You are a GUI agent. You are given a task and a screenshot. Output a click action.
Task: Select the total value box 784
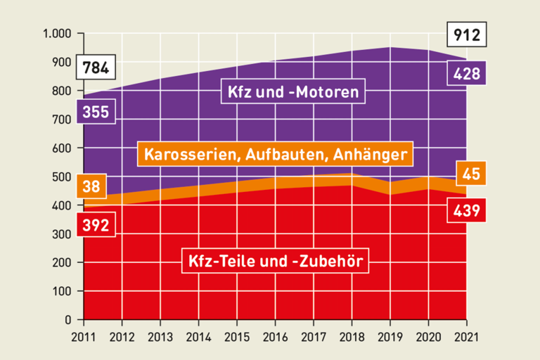(x=96, y=68)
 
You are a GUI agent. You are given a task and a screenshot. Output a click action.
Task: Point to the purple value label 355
(x=96, y=112)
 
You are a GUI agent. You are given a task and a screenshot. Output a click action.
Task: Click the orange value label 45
(x=468, y=173)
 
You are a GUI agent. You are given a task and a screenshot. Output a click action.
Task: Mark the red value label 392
(x=96, y=226)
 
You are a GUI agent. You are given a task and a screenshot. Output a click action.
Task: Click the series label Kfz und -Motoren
(x=293, y=91)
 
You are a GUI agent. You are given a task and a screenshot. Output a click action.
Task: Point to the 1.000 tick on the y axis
(x=57, y=34)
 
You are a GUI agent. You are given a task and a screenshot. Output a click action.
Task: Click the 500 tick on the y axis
(x=62, y=176)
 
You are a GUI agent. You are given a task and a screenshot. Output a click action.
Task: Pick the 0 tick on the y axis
(x=68, y=320)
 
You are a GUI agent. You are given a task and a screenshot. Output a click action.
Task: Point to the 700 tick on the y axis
(x=62, y=120)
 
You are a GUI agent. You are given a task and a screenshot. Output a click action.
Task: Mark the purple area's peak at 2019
(x=390, y=48)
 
